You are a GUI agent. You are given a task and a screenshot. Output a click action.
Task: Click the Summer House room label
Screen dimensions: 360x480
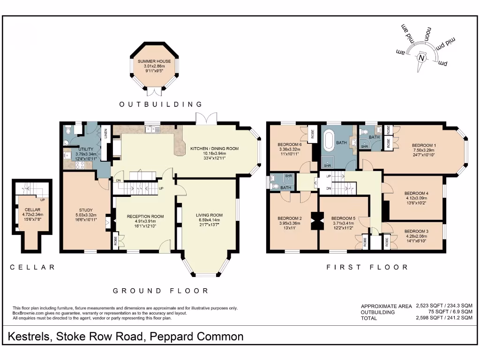[x=154, y=61]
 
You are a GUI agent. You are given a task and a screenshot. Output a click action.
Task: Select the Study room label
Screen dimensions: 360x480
[x=86, y=210]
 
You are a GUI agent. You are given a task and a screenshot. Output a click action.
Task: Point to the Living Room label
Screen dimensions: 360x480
[x=209, y=215]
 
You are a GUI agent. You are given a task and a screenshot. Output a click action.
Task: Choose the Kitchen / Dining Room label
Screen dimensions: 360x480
[x=214, y=149]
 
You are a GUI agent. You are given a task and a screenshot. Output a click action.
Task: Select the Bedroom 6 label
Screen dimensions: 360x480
[x=289, y=144]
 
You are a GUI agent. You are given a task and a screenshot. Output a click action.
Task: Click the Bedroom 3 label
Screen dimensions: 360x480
[x=416, y=231]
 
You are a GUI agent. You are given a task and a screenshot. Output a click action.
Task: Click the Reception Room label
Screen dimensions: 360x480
[x=145, y=217]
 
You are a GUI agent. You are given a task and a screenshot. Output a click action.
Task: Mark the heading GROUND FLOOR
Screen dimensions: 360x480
[x=161, y=291]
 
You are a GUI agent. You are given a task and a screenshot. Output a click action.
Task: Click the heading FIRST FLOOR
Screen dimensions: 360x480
[x=367, y=267]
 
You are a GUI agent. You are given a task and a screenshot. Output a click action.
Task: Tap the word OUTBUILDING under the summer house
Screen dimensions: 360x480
[x=161, y=105]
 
